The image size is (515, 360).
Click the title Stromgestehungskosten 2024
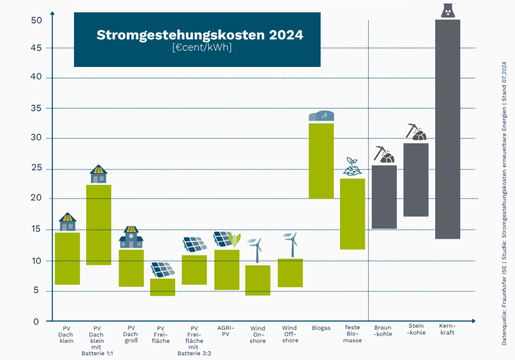[x=200, y=35]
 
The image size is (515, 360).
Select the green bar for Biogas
[x=321, y=161]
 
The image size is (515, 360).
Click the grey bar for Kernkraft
[x=447, y=129]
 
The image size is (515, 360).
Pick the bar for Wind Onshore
[x=258, y=280]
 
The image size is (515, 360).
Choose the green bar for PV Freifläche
[x=163, y=287]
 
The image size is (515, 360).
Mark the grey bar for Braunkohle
[x=385, y=197]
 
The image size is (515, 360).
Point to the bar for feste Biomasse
[x=352, y=214]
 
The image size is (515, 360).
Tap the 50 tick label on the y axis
[x=36, y=20]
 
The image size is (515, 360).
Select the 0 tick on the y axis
[x=36, y=321]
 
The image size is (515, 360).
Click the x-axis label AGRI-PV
[x=225, y=330]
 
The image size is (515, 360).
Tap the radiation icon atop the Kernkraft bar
[x=447, y=10]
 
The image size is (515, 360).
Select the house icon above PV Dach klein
[x=68, y=222]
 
